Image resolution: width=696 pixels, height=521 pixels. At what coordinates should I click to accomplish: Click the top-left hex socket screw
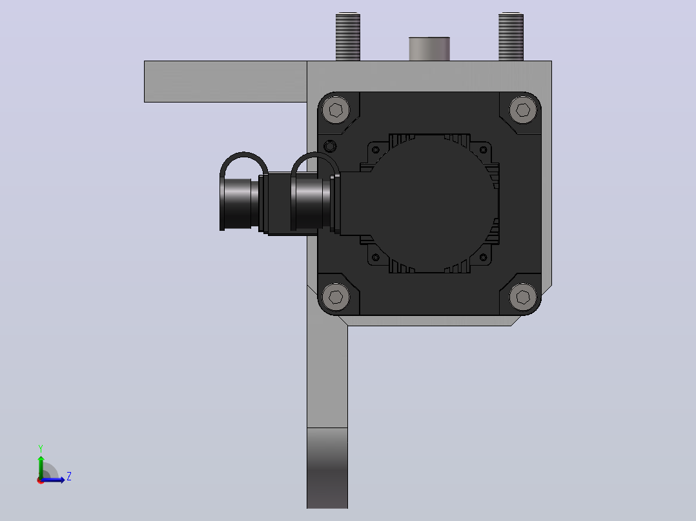tap(336, 110)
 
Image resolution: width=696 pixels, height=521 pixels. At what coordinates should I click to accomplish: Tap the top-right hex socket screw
tap(523, 110)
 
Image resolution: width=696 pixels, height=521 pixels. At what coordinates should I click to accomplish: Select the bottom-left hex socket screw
tap(336, 296)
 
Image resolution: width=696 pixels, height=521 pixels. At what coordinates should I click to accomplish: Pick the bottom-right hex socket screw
tap(523, 296)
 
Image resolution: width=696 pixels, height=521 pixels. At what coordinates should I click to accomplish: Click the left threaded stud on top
tap(347, 37)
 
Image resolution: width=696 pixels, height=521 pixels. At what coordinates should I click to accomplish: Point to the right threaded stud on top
tap(511, 37)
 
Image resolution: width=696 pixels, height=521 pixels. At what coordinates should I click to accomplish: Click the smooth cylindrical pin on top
tap(429, 49)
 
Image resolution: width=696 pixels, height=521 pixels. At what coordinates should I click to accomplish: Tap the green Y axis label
tap(41, 449)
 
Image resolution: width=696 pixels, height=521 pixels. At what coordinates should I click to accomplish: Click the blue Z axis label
tap(69, 477)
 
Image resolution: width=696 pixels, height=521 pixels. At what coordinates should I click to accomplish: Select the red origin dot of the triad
tap(41, 480)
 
